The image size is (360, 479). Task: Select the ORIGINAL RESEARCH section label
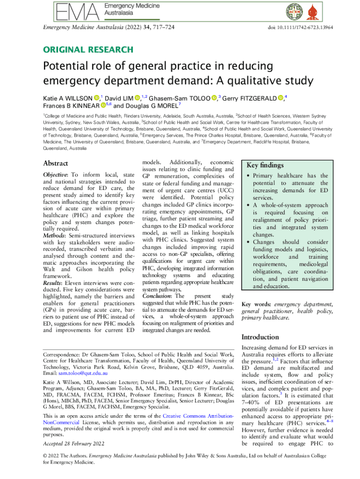(x=88, y=50)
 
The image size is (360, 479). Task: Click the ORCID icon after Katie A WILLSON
(x=96, y=98)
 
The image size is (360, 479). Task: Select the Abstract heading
(x=56, y=164)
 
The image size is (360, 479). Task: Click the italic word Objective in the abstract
(x=56, y=175)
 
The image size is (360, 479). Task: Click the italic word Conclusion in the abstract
(x=157, y=296)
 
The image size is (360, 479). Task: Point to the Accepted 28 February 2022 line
(x=73, y=443)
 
